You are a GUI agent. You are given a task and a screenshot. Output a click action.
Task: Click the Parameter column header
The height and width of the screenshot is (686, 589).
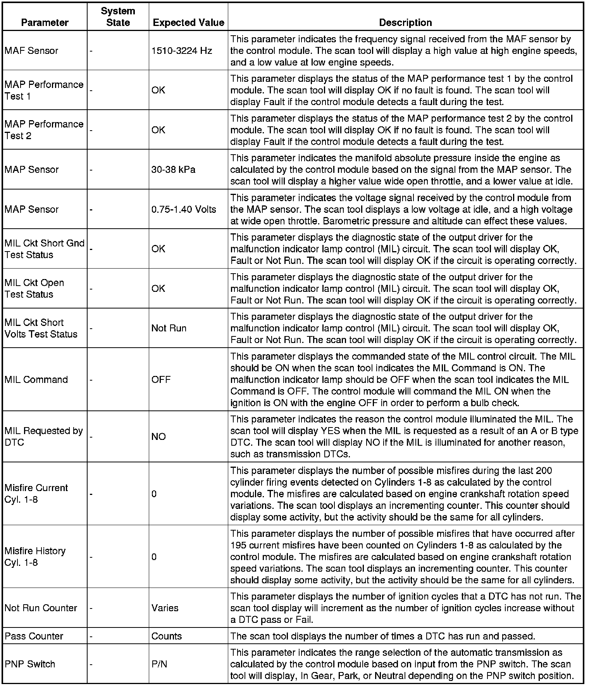click(45, 22)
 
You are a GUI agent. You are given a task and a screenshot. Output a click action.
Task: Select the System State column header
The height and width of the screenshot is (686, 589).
click(118, 17)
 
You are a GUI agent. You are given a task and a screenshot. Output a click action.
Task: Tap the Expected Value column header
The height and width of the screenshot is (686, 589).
click(188, 22)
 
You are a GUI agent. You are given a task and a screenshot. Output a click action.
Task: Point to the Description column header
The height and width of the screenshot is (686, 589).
click(405, 22)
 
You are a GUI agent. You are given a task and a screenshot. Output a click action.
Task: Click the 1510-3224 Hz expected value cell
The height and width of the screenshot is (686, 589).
click(182, 51)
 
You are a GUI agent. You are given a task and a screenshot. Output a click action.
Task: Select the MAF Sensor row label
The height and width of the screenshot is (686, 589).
click(31, 51)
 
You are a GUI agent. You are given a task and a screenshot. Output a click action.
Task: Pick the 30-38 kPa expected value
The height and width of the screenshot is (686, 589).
click(173, 169)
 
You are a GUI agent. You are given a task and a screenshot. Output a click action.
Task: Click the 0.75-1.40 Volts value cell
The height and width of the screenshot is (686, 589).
click(184, 209)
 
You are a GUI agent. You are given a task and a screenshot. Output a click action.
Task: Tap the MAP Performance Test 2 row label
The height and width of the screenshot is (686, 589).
click(44, 130)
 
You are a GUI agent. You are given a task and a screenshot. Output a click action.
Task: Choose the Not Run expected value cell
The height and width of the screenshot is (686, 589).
click(169, 328)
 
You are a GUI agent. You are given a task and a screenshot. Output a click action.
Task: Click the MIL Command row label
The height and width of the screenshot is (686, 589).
click(36, 379)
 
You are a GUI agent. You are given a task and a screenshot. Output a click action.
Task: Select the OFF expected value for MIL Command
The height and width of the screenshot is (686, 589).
click(161, 379)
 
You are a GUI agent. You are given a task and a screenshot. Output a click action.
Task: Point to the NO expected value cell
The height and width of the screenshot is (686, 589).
click(158, 436)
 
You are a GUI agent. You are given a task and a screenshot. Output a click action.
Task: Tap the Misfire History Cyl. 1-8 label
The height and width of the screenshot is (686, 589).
click(35, 557)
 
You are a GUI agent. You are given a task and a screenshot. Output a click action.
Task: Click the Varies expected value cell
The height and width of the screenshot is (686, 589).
click(165, 608)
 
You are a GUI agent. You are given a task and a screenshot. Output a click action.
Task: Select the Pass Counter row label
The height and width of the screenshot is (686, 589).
click(34, 636)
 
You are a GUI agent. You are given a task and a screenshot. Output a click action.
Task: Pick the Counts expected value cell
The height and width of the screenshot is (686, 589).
click(166, 636)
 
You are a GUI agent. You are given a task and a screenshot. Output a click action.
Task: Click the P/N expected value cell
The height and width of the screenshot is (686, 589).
click(159, 664)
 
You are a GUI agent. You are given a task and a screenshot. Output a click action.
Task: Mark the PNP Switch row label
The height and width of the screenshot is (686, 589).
click(30, 664)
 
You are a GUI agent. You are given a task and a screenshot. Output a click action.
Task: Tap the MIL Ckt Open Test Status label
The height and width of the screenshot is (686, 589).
click(34, 288)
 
